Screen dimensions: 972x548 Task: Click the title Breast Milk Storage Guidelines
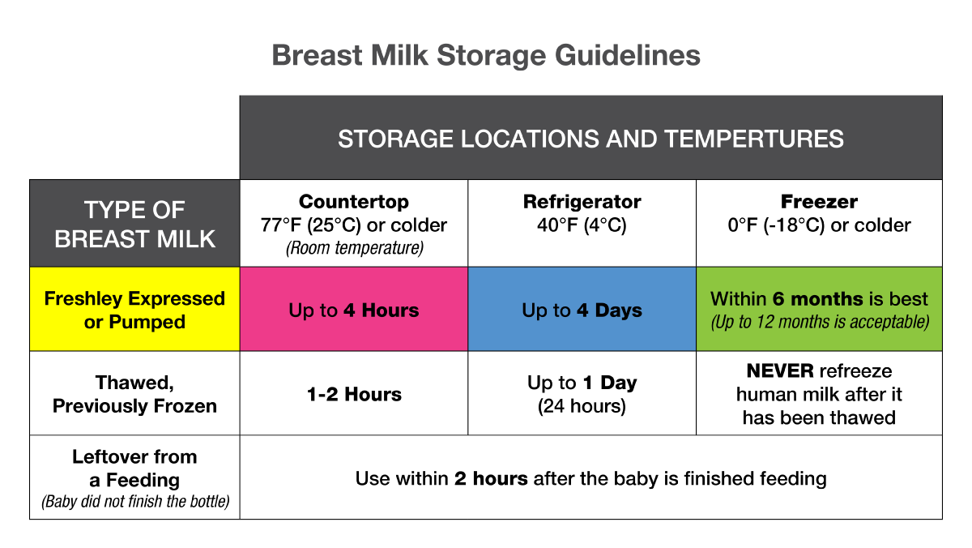pos(486,56)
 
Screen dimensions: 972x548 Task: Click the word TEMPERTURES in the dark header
pos(754,139)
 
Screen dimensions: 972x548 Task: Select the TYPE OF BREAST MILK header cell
pos(134,223)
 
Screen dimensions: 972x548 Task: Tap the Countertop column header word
pos(354,202)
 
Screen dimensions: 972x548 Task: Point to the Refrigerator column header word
pos(582,202)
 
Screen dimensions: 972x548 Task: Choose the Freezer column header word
pos(819,202)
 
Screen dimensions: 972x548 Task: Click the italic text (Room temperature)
pos(355,248)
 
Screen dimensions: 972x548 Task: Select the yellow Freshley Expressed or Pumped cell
pos(134,309)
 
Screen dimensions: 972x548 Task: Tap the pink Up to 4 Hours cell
pos(354,309)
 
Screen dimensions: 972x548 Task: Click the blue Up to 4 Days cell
pos(582,309)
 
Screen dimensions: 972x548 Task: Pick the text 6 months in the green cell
pos(817,299)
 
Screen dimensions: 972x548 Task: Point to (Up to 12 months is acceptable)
pos(820,322)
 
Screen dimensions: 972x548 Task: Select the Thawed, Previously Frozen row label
pos(134,394)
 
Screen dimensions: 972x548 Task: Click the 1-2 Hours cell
pos(354,394)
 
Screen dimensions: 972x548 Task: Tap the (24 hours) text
pos(582,406)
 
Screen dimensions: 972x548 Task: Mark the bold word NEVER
pos(780,370)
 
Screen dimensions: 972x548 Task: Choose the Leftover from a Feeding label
pos(134,469)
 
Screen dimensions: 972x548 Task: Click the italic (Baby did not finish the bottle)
pos(135,502)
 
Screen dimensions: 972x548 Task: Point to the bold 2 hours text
pos(491,478)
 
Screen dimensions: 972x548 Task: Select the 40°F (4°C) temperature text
pos(582,225)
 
